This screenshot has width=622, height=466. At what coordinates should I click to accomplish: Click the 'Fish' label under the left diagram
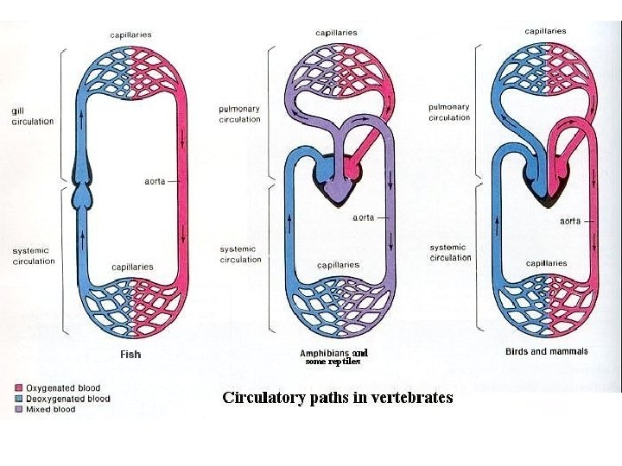pyautogui.click(x=130, y=354)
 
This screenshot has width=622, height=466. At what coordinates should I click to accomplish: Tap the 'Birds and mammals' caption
pyautogui.click(x=546, y=351)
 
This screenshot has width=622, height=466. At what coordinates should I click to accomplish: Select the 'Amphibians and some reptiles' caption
pyautogui.click(x=333, y=357)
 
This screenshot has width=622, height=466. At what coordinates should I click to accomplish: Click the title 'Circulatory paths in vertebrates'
pyautogui.click(x=338, y=398)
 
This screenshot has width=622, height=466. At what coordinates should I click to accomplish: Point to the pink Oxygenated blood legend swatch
pyautogui.click(x=18, y=388)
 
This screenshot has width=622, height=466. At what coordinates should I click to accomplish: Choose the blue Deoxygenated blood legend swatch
pyautogui.click(x=18, y=399)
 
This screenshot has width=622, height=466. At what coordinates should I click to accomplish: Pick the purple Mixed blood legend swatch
pyautogui.click(x=18, y=409)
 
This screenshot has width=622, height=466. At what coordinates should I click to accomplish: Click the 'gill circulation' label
pyautogui.click(x=32, y=116)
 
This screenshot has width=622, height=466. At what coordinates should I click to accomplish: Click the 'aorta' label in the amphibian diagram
pyautogui.click(x=363, y=217)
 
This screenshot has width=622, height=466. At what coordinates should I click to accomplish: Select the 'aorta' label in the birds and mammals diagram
pyautogui.click(x=570, y=221)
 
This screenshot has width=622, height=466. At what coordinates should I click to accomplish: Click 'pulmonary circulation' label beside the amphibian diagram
pyautogui.click(x=239, y=114)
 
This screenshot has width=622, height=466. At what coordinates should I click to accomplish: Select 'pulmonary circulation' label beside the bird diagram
pyautogui.click(x=449, y=112)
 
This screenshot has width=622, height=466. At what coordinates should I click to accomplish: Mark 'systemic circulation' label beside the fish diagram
pyautogui.click(x=33, y=255)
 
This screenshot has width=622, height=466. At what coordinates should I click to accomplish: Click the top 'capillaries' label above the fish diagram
pyautogui.click(x=130, y=35)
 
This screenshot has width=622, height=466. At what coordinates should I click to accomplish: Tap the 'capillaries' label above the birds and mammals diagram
pyautogui.click(x=545, y=31)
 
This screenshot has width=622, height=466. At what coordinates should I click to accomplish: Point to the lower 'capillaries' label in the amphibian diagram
pyautogui.click(x=338, y=265)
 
